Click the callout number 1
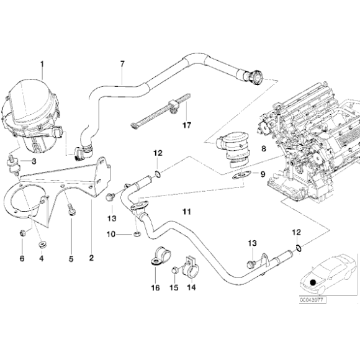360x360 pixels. click(42, 64)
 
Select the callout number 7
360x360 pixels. click(122, 65)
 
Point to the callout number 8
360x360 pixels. click(264, 149)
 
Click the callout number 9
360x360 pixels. click(263, 174)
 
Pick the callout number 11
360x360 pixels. click(184, 212)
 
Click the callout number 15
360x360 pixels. click(174, 288)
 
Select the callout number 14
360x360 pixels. click(192, 288)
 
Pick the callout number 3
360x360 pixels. click(34, 161)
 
